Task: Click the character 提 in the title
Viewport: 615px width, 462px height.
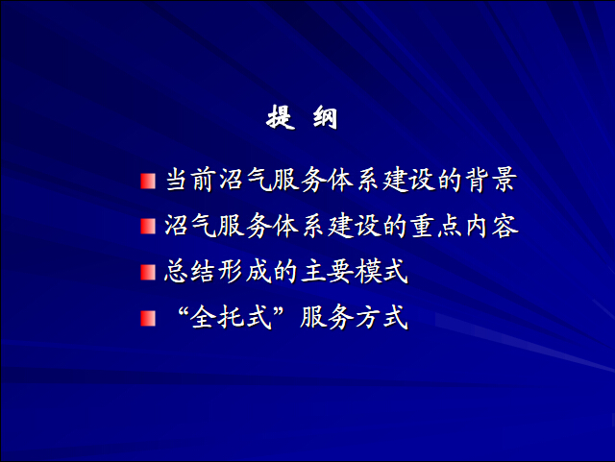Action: (x=281, y=117)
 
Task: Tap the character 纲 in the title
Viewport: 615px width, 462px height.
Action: (x=325, y=117)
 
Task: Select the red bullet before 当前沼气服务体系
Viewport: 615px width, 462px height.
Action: (x=148, y=182)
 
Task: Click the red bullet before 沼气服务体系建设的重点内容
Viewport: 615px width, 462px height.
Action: (x=148, y=227)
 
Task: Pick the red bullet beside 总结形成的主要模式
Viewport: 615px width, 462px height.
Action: (x=148, y=272)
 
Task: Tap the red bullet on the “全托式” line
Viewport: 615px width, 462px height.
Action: (x=148, y=318)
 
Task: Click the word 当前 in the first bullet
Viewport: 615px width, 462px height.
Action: (x=191, y=181)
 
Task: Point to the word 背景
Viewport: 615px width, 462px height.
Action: (x=491, y=181)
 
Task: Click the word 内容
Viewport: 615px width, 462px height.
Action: (x=492, y=226)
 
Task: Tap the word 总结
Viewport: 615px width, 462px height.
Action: (x=190, y=272)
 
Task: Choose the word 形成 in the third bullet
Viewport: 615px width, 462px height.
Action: (x=245, y=272)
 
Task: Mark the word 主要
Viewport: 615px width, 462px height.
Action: (x=327, y=272)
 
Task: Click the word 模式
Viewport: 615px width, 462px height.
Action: (x=381, y=272)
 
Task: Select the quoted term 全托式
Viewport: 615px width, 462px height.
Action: (x=231, y=317)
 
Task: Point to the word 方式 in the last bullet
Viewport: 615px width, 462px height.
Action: (x=381, y=317)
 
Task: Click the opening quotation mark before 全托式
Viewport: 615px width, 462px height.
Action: (x=183, y=311)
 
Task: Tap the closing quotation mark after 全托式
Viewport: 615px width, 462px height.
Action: (x=279, y=311)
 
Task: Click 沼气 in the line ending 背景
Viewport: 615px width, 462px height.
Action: (x=245, y=181)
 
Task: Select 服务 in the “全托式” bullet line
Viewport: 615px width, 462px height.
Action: (x=327, y=317)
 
